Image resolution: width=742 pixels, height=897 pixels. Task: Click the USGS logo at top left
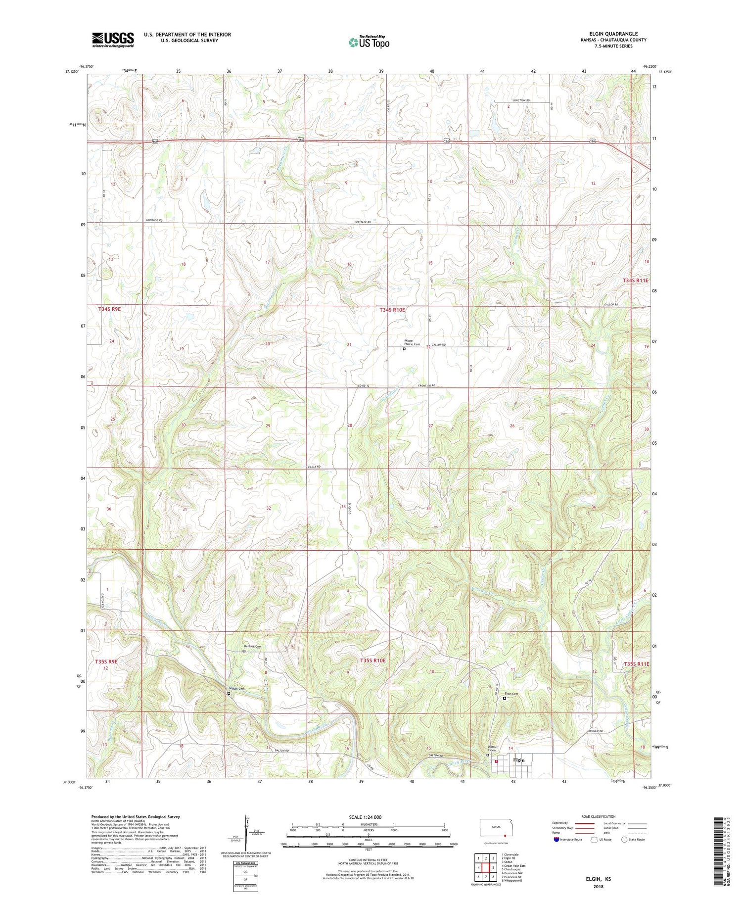(113, 40)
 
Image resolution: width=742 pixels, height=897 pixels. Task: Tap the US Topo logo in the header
(368, 43)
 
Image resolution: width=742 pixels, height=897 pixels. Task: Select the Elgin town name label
(519, 759)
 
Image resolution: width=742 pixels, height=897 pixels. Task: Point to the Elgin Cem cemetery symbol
(505, 699)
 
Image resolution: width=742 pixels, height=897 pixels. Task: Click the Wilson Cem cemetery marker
(229, 694)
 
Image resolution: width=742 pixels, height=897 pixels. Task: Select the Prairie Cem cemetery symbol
(404, 348)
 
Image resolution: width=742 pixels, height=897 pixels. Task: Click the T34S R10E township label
(392, 310)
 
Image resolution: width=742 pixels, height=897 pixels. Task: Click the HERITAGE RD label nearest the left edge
(154, 221)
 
